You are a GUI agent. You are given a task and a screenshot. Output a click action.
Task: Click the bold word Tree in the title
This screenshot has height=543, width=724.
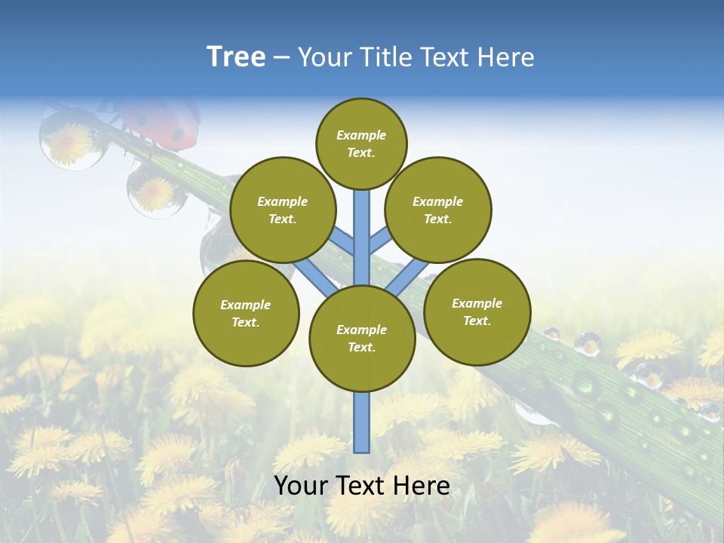[x=236, y=57]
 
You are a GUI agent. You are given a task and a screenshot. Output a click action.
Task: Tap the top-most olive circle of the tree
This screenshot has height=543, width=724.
[x=361, y=143]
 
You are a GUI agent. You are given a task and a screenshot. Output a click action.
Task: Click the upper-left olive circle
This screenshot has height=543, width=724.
[x=282, y=210]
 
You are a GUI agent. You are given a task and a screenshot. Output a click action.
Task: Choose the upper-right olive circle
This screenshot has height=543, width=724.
[x=437, y=210]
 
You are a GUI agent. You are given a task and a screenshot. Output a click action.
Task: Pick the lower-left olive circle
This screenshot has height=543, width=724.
[x=246, y=313]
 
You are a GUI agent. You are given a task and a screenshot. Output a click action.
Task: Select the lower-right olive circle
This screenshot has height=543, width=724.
[x=477, y=311]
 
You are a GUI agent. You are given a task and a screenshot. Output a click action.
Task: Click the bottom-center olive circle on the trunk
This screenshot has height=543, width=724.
[x=362, y=338]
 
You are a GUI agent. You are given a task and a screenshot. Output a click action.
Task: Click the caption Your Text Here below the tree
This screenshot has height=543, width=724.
[x=361, y=486]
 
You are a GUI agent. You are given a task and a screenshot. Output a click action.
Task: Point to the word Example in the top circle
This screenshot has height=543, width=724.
[x=361, y=135]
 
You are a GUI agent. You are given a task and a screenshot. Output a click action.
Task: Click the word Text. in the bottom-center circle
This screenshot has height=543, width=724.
[x=361, y=347]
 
